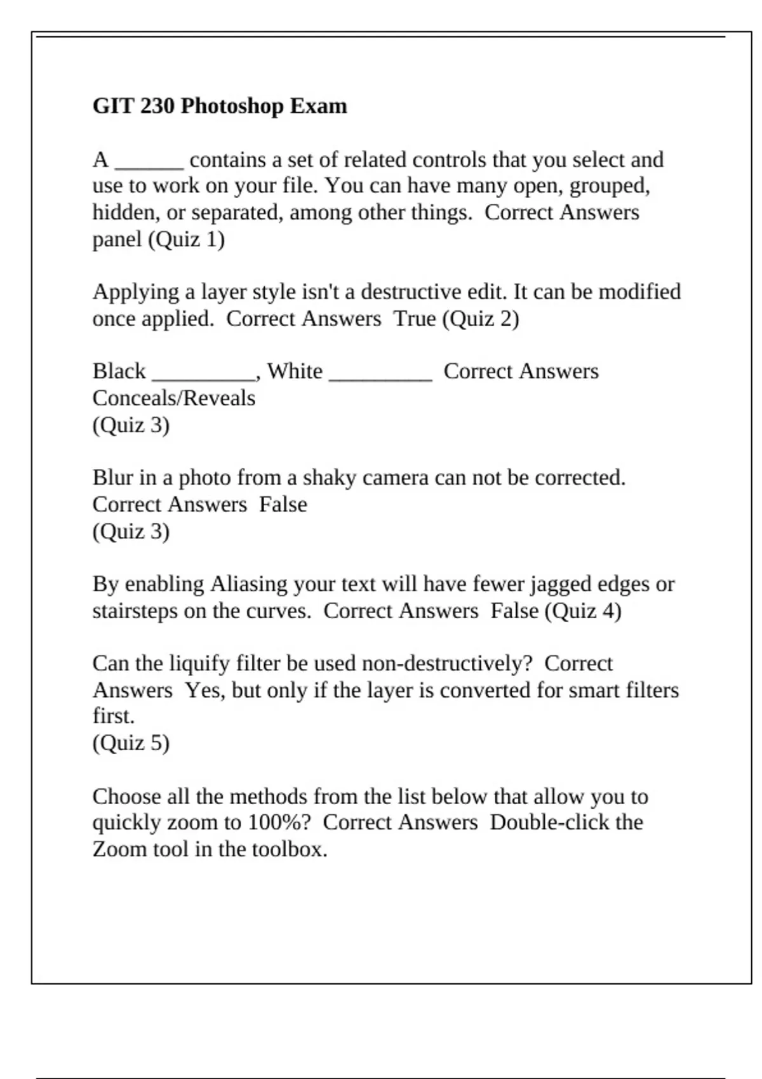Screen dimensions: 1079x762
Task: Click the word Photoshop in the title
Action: click(232, 106)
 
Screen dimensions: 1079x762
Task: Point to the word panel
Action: click(117, 240)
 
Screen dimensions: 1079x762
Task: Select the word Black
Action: click(119, 371)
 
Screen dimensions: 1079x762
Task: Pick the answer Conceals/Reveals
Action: click(173, 398)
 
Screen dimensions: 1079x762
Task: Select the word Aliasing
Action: click(248, 584)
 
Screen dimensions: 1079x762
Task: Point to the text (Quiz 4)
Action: click(583, 611)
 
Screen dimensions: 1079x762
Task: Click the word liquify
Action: click(199, 663)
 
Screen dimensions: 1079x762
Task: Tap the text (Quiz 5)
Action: click(131, 743)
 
